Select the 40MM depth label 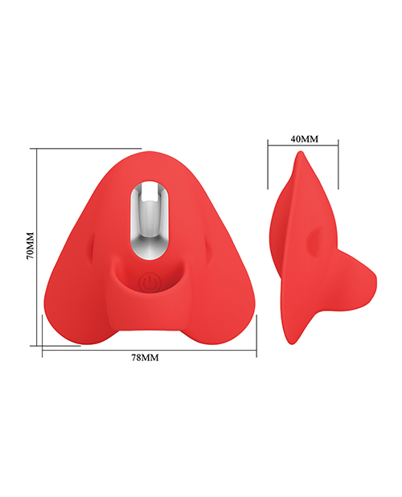click(304, 138)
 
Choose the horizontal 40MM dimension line click(303, 146)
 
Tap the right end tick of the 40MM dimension click(338, 146)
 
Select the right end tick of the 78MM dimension click(256, 349)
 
